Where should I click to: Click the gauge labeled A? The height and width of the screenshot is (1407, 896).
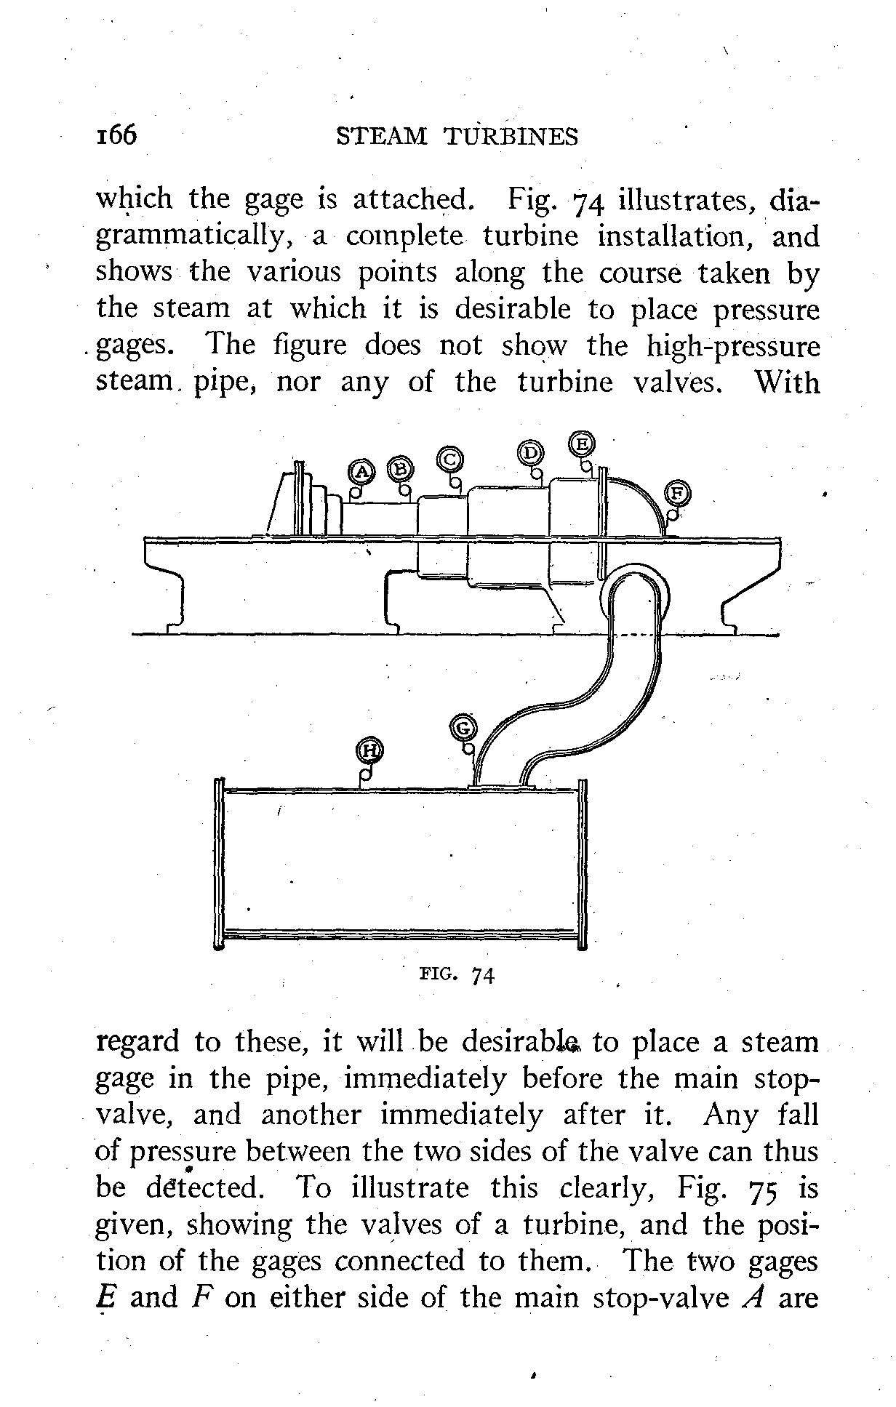click(361, 472)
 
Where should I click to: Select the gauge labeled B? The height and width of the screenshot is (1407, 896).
click(399, 469)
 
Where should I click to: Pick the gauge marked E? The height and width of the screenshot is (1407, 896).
click(582, 443)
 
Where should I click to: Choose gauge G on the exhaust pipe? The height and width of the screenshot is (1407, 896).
click(464, 728)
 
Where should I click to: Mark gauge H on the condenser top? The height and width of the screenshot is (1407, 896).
click(370, 750)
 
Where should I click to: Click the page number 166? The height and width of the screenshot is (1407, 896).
click(117, 135)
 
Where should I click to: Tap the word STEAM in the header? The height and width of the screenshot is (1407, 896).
click(382, 137)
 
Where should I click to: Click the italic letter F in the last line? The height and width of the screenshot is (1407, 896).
click(206, 1299)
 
